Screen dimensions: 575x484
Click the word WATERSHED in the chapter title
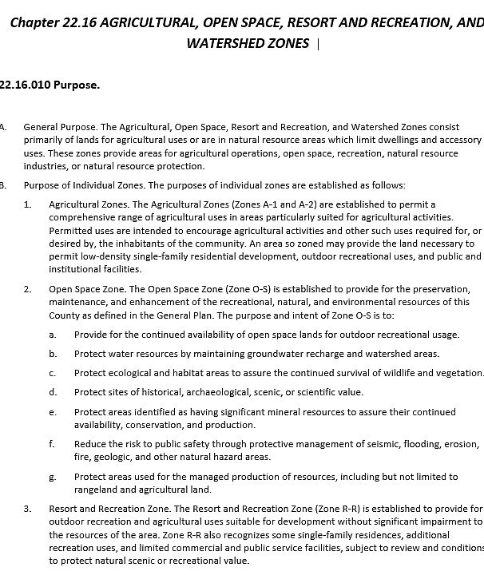pyautogui.click(x=227, y=43)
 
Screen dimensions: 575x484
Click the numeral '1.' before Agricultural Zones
pyautogui.click(x=28, y=205)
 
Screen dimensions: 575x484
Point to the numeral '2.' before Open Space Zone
pyautogui.click(x=28, y=289)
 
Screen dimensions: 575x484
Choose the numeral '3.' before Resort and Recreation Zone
pyautogui.click(x=28, y=509)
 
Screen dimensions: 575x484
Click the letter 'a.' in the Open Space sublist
pyautogui.click(x=53, y=335)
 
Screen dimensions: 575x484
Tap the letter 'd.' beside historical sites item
pyautogui.click(x=53, y=392)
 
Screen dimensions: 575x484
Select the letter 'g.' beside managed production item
pyautogui.click(x=53, y=477)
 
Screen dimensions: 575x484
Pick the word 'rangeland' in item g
pyautogui.click(x=96, y=490)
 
